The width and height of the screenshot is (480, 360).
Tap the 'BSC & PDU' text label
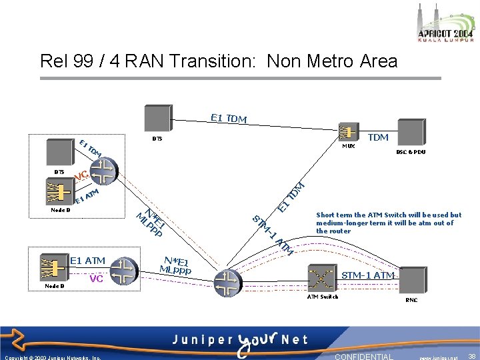(411, 152)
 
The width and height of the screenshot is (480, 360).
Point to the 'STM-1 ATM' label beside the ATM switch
(368, 275)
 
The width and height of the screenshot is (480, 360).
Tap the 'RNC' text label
(411, 300)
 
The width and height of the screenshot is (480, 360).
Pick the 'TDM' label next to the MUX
(378, 137)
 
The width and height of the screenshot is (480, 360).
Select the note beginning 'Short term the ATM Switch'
(389, 223)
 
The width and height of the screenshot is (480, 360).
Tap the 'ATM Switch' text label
(322, 297)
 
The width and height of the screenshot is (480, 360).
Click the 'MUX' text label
(348, 145)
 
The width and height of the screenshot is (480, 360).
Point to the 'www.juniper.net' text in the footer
(439, 357)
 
